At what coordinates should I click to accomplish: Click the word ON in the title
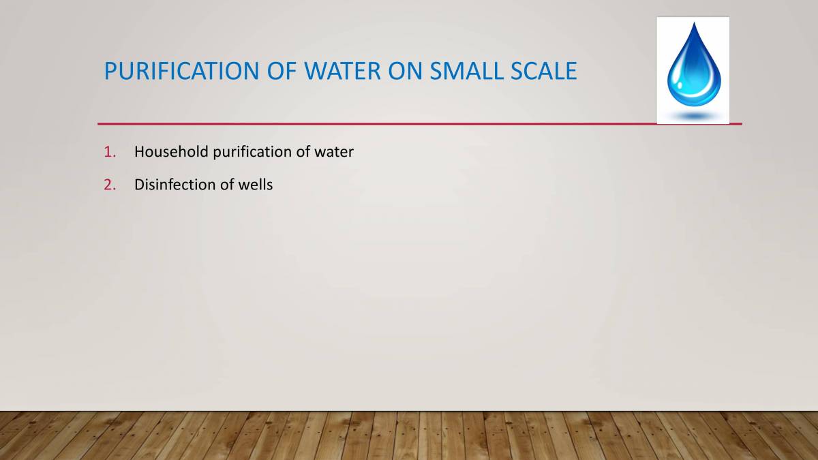tap(396, 71)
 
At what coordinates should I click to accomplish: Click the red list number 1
tap(109, 152)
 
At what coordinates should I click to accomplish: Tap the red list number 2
tap(109, 185)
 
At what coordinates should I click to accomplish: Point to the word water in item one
tap(334, 152)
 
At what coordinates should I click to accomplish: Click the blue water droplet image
tap(693, 68)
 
